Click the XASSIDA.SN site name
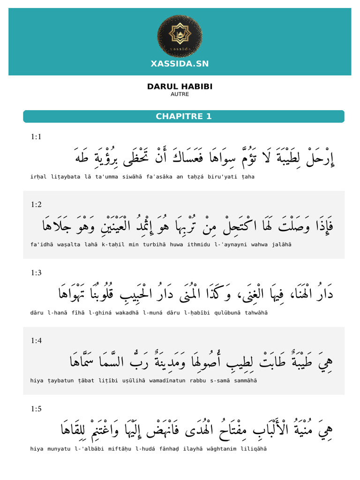tap(180, 64)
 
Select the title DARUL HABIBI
tap(180, 87)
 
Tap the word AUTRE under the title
tap(180, 94)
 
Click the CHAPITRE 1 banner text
tap(184, 116)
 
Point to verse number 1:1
tap(36, 137)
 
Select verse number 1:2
tap(36, 204)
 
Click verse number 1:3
tap(36, 272)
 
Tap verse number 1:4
tap(36, 341)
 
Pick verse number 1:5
tap(36, 409)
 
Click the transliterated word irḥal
tap(38, 177)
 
